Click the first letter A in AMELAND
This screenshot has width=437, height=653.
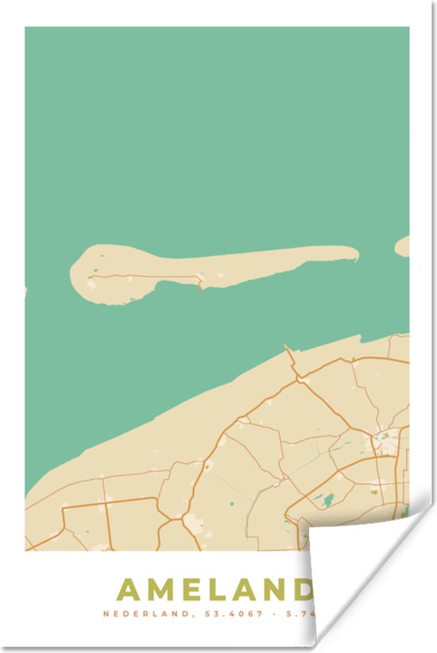[x=130, y=590]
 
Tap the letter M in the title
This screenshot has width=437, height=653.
[x=161, y=590]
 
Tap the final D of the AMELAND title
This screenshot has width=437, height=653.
[x=304, y=590]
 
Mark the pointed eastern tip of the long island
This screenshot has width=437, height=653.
[x=355, y=254]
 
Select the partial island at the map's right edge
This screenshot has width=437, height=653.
[x=404, y=246]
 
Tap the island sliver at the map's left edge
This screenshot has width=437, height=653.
[x=25, y=292]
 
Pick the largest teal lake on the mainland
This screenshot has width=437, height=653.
[x=327, y=500]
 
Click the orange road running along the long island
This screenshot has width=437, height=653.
[x=151, y=277]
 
